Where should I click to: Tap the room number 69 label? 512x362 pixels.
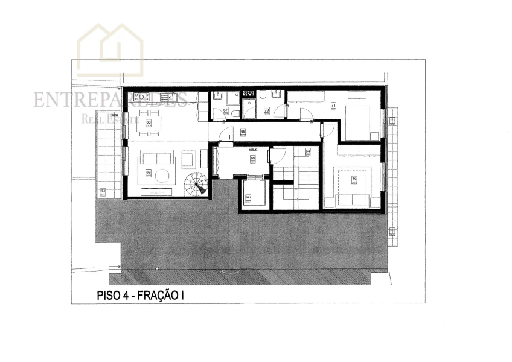pyautogui.click(x=148, y=173)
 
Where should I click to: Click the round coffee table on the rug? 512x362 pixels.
pyautogui.click(x=164, y=175)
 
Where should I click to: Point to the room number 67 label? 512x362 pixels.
pyautogui.click(x=225, y=110)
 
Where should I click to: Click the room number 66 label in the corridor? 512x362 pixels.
pyautogui.click(x=243, y=132)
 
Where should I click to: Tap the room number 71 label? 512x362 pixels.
pyautogui.click(x=333, y=106)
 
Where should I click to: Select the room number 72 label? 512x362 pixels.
pyautogui.click(x=354, y=180)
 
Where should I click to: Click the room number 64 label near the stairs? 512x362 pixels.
pyautogui.click(x=307, y=151)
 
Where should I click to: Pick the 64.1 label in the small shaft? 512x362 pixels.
pyautogui.click(x=248, y=197)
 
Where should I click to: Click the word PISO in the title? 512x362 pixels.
pyautogui.click(x=109, y=296)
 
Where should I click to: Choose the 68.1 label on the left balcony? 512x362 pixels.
pyautogui.click(x=103, y=192)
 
